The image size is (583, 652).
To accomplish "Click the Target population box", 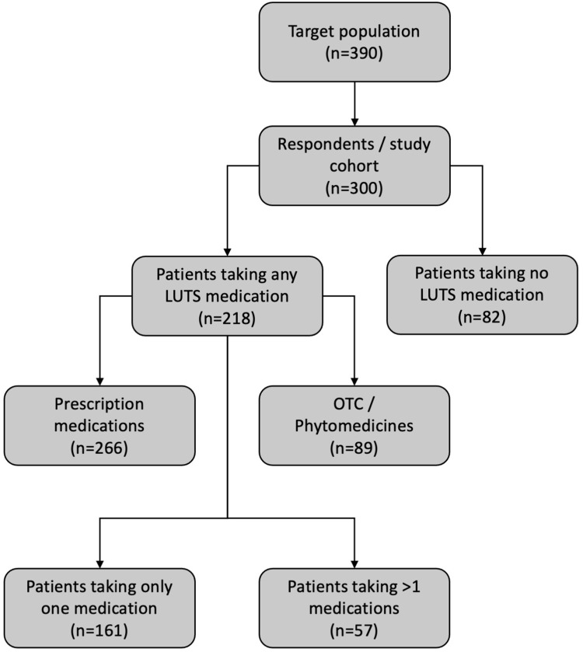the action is point(354,42).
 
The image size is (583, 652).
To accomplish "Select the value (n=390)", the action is point(354,53).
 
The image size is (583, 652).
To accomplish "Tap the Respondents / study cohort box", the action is point(354,166).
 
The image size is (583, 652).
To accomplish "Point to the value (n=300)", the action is point(354,188).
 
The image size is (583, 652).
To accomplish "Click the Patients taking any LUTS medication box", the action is point(227,295).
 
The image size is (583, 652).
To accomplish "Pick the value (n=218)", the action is point(227,318).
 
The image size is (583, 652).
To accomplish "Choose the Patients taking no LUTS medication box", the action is point(482,295).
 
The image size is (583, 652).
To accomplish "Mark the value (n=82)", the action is point(482,317).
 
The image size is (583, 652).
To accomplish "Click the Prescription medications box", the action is point(99,425).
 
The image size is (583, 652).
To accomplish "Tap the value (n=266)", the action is point(99,448).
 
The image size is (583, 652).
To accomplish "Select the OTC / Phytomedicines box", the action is point(354,425).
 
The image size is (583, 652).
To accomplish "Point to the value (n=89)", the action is point(354,448).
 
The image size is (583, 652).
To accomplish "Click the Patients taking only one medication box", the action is point(99,608).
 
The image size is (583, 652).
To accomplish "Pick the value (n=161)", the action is point(99,631).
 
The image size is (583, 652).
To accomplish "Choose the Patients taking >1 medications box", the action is point(354,608).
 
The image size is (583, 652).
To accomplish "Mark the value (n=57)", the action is point(354,631).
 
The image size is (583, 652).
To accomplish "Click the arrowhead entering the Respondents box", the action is point(354,122).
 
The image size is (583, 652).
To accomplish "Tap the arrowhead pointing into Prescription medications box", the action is point(99,382).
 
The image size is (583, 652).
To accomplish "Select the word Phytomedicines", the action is point(354,426).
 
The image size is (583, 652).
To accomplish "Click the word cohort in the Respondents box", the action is point(354,166).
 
